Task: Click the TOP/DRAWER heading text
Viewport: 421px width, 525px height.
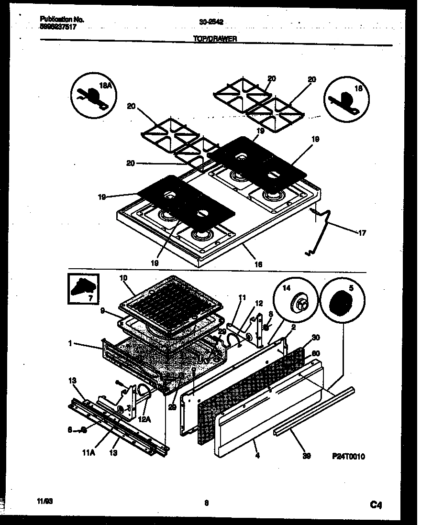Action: pos(215,40)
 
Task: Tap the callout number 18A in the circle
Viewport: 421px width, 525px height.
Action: pos(104,86)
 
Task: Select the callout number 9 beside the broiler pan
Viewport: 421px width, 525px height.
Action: pos(102,310)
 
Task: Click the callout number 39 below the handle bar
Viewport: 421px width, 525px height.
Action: pos(307,456)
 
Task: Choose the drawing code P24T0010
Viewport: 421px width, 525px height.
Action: pos(349,457)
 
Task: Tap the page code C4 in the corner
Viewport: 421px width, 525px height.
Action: pos(376,504)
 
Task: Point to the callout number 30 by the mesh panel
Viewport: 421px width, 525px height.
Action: pos(315,338)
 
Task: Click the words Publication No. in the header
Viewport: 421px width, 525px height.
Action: pos(62,20)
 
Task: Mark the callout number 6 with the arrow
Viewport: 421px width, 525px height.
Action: pos(70,430)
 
